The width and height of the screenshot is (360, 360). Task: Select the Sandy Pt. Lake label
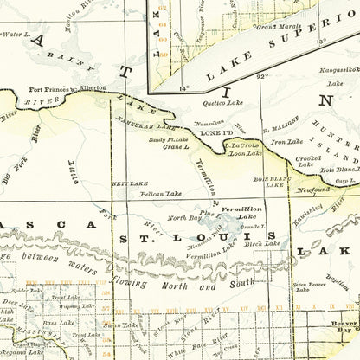pyautogui.click(x=168, y=138)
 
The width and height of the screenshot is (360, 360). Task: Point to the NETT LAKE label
pyautogui.click(x=126, y=183)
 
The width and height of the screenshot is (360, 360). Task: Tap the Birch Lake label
pyautogui.click(x=258, y=244)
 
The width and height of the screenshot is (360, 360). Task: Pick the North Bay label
pyautogui.click(x=183, y=217)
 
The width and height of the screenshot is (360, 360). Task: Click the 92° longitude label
pyautogui.click(x=263, y=78)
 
